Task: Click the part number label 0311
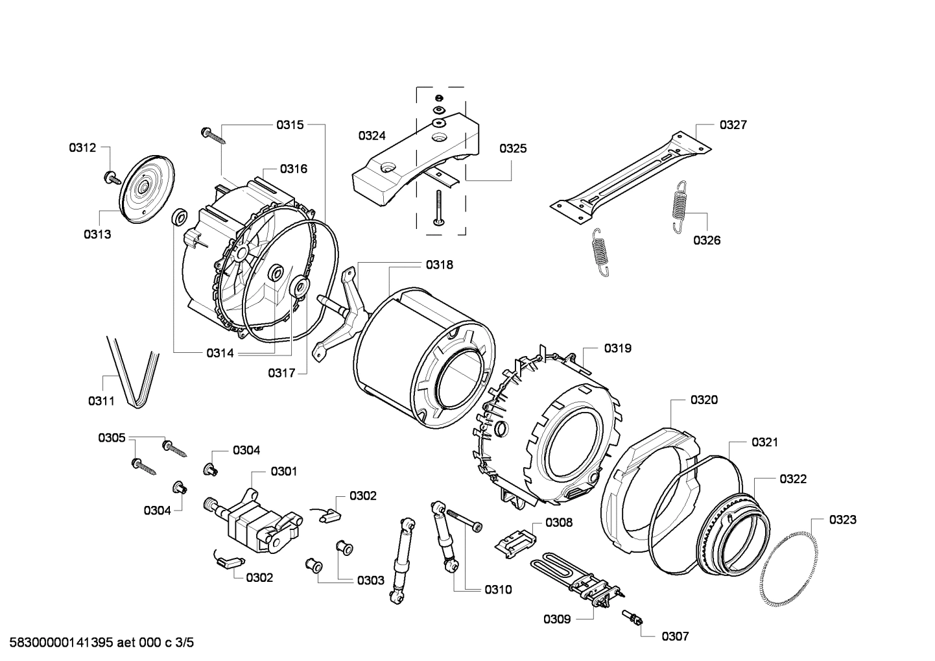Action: pyautogui.click(x=101, y=401)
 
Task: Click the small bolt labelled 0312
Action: pyautogui.click(x=112, y=176)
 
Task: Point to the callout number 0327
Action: pyautogui.click(x=733, y=125)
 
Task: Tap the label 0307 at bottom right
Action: pyautogui.click(x=675, y=636)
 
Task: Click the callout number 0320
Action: pyautogui.click(x=704, y=400)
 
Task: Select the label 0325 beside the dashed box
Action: pyautogui.click(x=513, y=149)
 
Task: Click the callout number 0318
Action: pyautogui.click(x=440, y=265)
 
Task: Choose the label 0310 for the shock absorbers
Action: pyautogui.click(x=497, y=590)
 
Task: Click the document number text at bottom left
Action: pyautogui.click(x=97, y=643)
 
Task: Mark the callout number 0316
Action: pyautogui.click(x=294, y=169)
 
